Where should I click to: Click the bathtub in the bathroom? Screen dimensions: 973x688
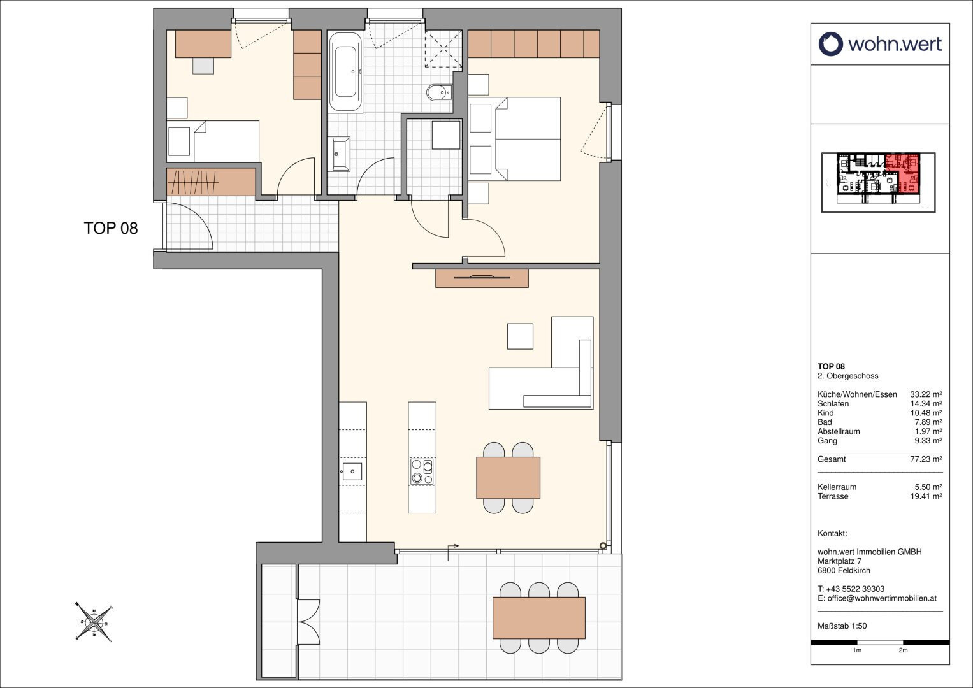(345, 72)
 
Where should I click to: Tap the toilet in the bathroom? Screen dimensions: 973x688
(440, 92)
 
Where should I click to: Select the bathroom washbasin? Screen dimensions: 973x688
(340, 154)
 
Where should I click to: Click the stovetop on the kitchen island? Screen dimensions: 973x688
(422, 471)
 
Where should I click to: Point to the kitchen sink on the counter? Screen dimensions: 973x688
(352, 471)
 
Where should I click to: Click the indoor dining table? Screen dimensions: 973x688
(508, 478)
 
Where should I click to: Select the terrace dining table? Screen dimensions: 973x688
(539, 618)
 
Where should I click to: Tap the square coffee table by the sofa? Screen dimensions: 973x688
(521, 336)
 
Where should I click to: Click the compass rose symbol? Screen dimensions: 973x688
(94, 622)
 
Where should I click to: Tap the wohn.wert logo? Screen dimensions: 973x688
(880, 45)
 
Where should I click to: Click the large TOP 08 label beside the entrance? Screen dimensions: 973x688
(111, 228)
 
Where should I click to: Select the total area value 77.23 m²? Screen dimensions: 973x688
(926, 459)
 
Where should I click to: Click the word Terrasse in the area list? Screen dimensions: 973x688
(833, 496)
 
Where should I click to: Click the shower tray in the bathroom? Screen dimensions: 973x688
(443, 49)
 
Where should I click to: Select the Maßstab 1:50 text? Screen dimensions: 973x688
(842, 626)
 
